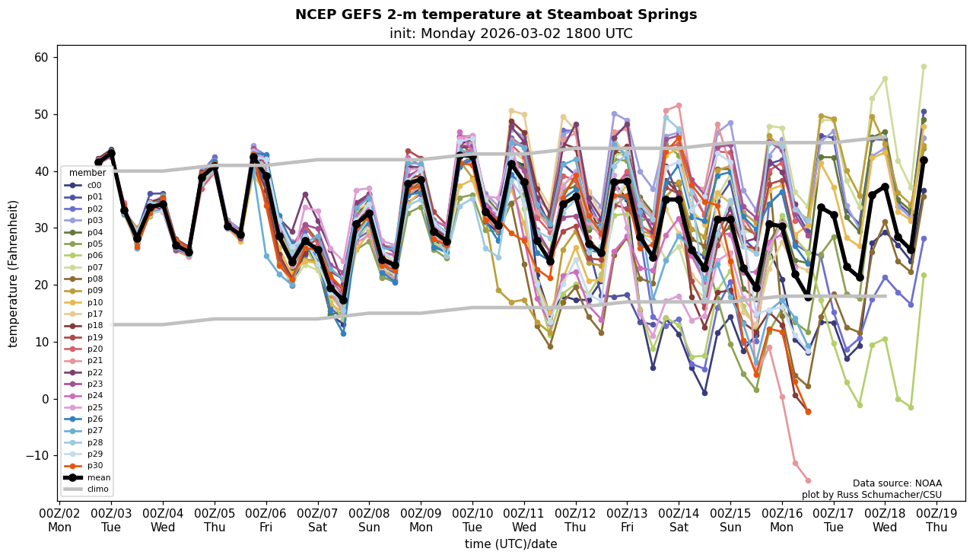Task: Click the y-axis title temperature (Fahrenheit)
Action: click(13, 273)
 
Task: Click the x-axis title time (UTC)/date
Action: click(510, 544)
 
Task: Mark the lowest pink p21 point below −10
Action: click(808, 480)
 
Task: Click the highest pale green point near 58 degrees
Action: click(924, 67)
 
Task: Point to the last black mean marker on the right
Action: click(924, 160)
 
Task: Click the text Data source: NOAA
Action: click(897, 483)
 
